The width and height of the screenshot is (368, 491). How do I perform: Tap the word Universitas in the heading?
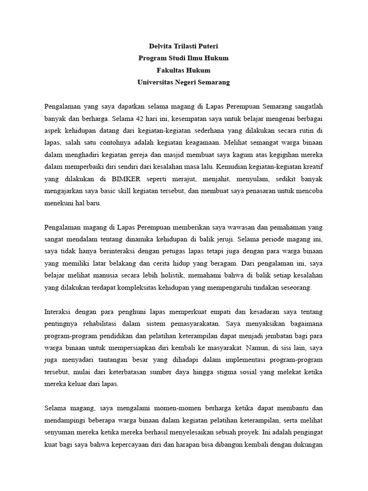point(155,82)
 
